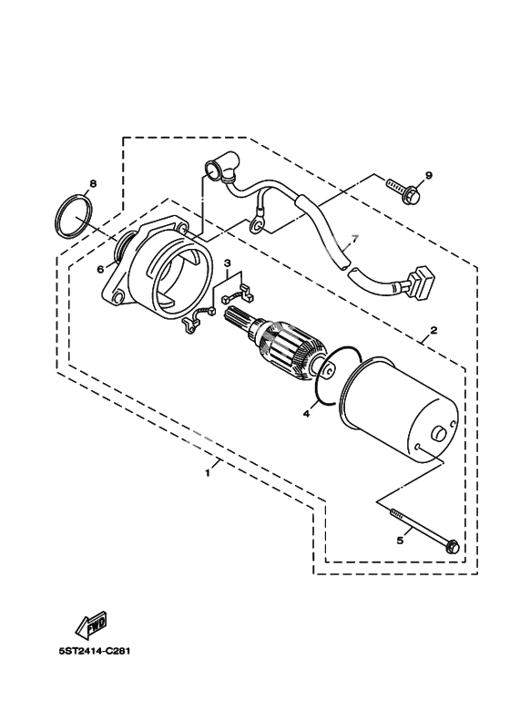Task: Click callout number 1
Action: pos(208,473)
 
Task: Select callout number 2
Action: pos(433,330)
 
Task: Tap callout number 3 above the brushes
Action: pos(227,263)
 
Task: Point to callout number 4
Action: pos(306,414)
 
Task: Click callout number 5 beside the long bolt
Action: pos(400,541)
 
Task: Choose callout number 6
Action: pos(101,270)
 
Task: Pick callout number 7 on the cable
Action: pos(354,238)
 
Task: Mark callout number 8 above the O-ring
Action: pos(94,184)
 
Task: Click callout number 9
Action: pos(429,175)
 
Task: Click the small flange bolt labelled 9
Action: pos(403,191)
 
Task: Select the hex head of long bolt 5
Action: pos(452,547)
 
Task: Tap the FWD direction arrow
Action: pos(92,624)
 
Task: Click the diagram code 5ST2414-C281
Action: pos(95,652)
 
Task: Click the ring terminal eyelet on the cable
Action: pos(257,224)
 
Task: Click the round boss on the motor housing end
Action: pos(439,434)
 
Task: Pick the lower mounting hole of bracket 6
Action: pos(119,295)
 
